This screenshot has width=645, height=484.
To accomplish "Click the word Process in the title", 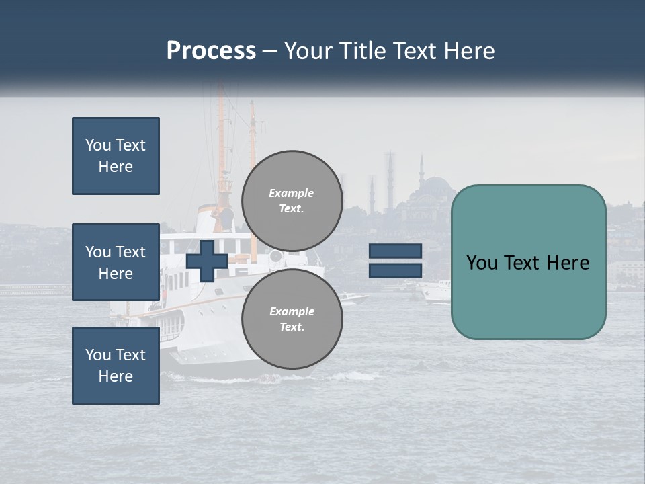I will pyautogui.click(x=211, y=51).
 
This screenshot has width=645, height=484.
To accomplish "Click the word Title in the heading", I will pyautogui.click(x=359, y=51).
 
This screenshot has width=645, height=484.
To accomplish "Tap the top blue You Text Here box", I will pyautogui.click(x=116, y=156).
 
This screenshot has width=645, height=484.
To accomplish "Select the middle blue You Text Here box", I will pyautogui.click(x=116, y=262).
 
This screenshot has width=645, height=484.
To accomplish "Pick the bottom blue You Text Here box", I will pyautogui.click(x=116, y=365).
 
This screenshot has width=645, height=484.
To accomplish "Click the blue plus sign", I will pyautogui.click(x=207, y=261).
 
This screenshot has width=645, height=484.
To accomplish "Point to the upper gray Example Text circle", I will pyautogui.click(x=292, y=201).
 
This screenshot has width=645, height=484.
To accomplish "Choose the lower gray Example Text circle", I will pyautogui.click(x=292, y=319).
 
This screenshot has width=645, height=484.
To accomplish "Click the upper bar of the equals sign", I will pyautogui.click(x=395, y=251).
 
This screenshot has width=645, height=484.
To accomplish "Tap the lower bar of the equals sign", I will pyautogui.click(x=395, y=270).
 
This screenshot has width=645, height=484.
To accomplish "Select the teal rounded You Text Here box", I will pyautogui.click(x=528, y=262).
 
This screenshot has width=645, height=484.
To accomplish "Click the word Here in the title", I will pyautogui.click(x=469, y=51).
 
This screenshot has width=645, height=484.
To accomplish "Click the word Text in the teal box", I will pyautogui.click(x=527, y=262).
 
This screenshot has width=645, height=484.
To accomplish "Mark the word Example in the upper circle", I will pyautogui.click(x=291, y=193).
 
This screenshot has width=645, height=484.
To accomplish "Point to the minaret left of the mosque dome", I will pyautogui.click(x=421, y=173).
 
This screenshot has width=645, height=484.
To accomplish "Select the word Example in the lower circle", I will pyautogui.click(x=292, y=311).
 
